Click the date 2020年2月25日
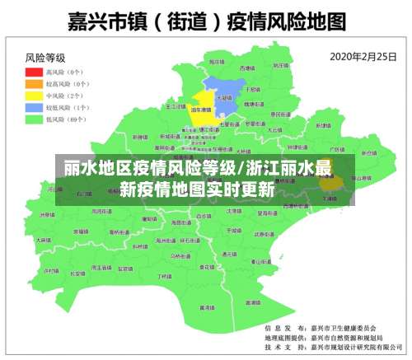coord(360,57)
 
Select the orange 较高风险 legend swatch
coord(34,84)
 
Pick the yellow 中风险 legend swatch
coord(34,96)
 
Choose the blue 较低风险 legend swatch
coord(34,107)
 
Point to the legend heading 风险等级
coord(45,58)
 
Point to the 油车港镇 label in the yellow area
coord(200,110)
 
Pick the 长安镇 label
coord(76,273)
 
